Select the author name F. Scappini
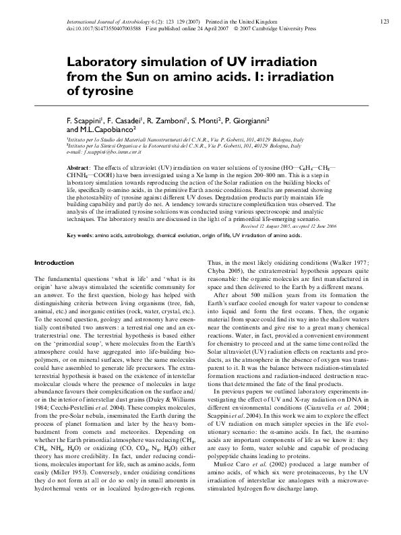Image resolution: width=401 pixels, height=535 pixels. pos(86,119)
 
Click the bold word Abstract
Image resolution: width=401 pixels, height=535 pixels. pos(78,166)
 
